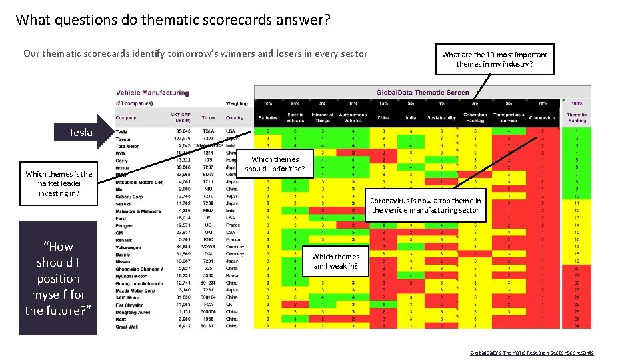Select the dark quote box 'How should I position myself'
pos(58,278)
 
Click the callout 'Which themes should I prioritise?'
pos(275,164)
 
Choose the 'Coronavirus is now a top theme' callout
pos(425,205)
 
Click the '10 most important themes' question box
pos(494,59)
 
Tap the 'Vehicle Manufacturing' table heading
pos(153,93)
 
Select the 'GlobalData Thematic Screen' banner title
pos(423,93)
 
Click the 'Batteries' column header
pos(268,117)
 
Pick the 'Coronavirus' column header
pos(542,117)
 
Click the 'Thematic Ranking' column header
pos(577,118)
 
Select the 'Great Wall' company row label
pos(127,327)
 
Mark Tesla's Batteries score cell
pos(268,131)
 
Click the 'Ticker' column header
pos(208,117)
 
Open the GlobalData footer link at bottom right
pos(531,353)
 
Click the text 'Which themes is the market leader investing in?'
pos(59,183)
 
